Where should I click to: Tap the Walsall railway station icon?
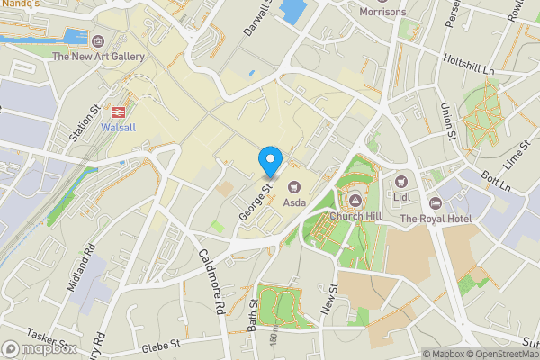[x=116, y=112]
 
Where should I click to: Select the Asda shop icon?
[x=293, y=186]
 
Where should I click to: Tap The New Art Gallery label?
[x=98, y=57]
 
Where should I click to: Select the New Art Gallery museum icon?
[x=98, y=40]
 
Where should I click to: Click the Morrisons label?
[x=382, y=12]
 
